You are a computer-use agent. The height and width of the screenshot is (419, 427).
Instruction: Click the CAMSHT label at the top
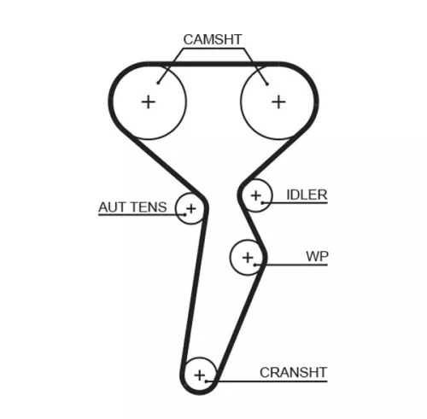pos(213,39)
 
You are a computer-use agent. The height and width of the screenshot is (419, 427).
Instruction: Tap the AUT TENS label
pos(132,207)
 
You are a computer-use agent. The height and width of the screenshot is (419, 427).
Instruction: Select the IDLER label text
pos(306,195)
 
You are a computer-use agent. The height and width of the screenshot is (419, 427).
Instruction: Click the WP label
pos(317,256)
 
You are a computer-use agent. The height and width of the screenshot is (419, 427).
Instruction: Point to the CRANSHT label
pos(294,372)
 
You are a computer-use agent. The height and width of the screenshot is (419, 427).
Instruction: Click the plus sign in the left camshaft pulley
pos(149,102)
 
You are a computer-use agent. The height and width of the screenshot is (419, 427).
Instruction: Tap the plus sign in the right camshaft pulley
pos(278,102)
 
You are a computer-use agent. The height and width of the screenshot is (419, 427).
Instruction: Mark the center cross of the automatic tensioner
pos(190,208)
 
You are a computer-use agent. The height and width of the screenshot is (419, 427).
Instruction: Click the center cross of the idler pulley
pos(255,196)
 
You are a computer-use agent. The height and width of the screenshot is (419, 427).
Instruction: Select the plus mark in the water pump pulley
pos(248,256)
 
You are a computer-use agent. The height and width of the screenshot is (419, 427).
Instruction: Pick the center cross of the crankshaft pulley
pos(201,374)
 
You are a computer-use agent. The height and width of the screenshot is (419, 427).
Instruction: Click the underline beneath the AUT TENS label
pos(137,215)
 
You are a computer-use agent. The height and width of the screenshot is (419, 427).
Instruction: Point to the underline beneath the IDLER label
pos(299,203)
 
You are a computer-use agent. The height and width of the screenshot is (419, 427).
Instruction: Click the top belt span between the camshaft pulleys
pos(213,62)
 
